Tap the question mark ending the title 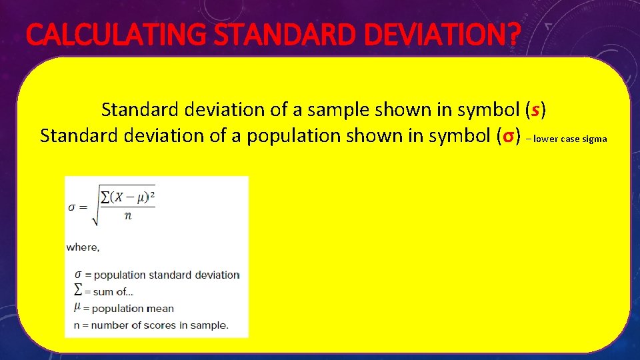coord(510,35)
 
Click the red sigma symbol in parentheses coord(507,136)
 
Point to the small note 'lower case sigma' coord(570,139)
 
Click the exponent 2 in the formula coord(152,193)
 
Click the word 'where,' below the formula coord(83,247)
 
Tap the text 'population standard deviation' coord(165,275)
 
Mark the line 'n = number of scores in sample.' coord(147,325)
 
